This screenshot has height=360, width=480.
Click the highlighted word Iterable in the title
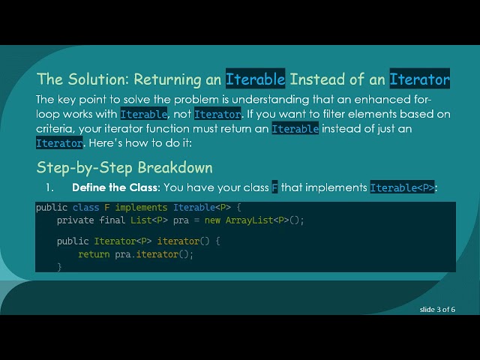click(x=256, y=79)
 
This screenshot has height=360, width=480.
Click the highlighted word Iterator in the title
click(x=420, y=79)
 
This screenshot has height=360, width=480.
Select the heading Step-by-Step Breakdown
click(x=124, y=167)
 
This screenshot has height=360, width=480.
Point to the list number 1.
click(x=50, y=187)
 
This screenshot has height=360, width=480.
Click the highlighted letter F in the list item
click(x=274, y=187)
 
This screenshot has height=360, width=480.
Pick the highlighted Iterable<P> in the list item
click(x=403, y=187)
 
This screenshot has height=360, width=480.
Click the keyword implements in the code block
click(x=142, y=208)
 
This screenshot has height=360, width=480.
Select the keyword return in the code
click(x=94, y=254)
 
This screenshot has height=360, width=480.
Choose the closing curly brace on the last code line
click(x=59, y=266)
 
